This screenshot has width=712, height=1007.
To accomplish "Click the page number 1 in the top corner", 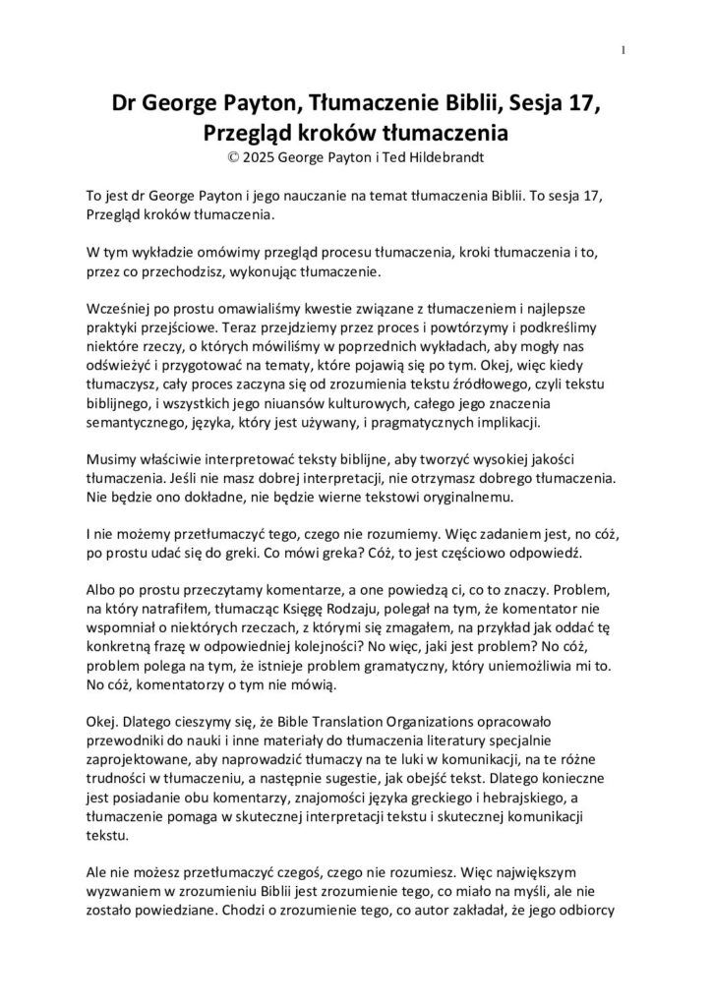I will (x=624, y=50).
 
